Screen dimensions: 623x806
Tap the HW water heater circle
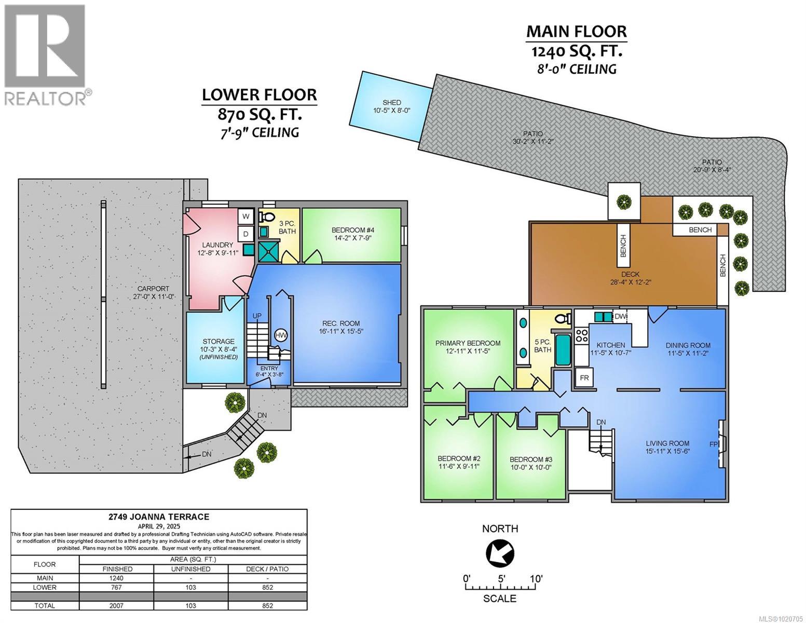click(x=281, y=335)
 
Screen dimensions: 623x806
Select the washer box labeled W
click(x=245, y=216)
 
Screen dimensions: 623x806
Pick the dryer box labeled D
click(x=245, y=234)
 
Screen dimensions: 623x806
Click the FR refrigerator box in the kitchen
click(x=584, y=377)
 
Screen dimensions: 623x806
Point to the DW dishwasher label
click(x=620, y=317)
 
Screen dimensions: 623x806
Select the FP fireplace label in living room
click(x=714, y=444)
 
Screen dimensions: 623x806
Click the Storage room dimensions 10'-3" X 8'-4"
click(x=218, y=349)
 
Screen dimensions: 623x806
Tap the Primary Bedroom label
click(x=468, y=343)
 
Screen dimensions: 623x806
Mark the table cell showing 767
click(x=117, y=587)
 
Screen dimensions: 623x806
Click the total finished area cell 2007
click(x=117, y=605)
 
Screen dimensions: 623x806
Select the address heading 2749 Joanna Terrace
click(x=159, y=517)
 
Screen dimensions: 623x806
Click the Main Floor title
click(x=577, y=32)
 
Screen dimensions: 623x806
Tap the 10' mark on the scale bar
click(x=536, y=578)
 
